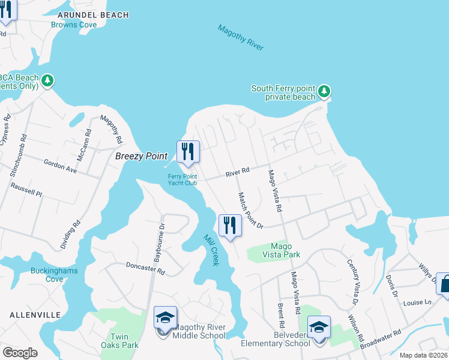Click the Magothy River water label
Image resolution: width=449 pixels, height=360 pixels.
240,37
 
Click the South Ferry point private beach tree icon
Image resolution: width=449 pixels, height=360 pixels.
324,92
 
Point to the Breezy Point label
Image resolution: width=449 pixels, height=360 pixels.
141,156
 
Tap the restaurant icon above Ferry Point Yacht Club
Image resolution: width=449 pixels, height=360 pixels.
188,152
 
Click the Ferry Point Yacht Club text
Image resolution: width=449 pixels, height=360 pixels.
182,179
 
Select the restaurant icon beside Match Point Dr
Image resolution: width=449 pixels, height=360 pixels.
230,226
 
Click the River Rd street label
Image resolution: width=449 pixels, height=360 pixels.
237,173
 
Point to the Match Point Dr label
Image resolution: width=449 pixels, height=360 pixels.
251,210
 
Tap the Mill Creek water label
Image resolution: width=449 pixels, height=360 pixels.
211,250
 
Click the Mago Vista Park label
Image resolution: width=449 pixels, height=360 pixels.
281,250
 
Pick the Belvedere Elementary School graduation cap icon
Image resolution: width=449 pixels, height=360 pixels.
319,327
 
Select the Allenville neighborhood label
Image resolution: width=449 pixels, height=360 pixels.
35,314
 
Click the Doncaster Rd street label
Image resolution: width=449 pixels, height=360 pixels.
145,268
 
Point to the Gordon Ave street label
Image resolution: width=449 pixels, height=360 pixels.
61,166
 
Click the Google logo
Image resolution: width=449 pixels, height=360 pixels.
20,352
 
